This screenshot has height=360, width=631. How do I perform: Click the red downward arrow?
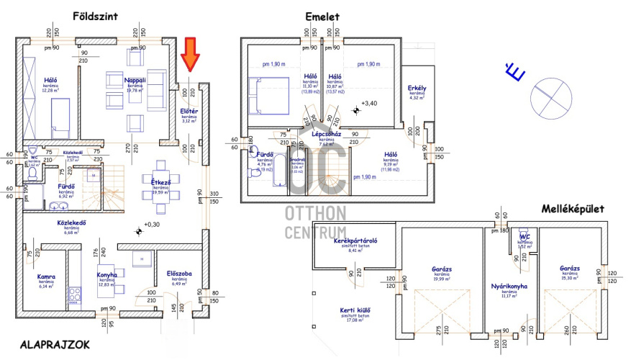point(191,55)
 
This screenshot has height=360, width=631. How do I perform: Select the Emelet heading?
point(322,17)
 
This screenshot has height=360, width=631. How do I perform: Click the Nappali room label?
point(135,81)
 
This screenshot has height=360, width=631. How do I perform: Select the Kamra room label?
point(47,276)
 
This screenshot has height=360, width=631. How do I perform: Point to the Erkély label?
point(417,89)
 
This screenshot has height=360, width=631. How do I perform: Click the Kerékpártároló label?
point(356,240)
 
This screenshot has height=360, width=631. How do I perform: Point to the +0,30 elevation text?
point(152,225)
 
